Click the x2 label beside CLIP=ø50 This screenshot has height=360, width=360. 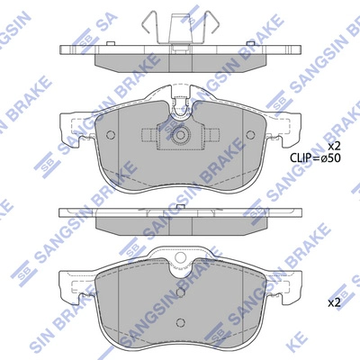coord(334,146)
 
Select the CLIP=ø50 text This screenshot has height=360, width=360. coord(314,158)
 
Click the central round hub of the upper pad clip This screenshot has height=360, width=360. coord(180,137)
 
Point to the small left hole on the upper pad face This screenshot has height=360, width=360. coord(112,136)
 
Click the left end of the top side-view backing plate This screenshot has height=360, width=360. coord(63,49)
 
